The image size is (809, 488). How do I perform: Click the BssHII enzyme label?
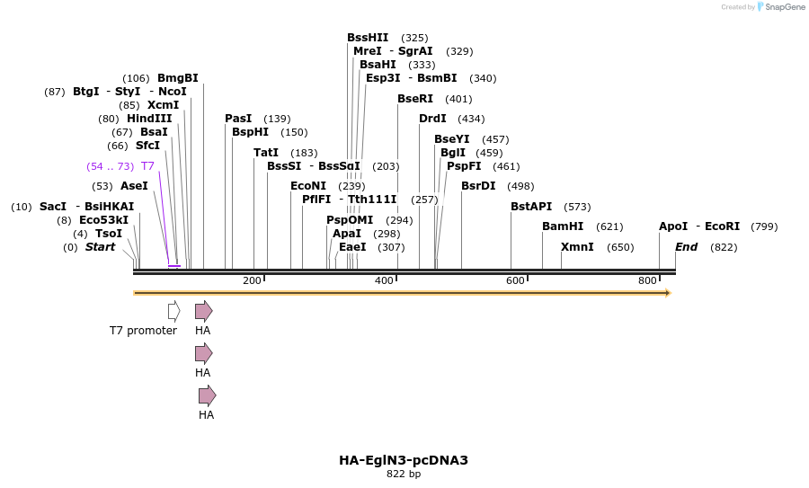368,38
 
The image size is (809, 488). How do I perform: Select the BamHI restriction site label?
563,226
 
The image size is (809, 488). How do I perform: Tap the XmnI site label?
577,247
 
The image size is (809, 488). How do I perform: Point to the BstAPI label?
531,207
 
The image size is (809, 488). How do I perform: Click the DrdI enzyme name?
432,119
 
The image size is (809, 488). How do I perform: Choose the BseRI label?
415,99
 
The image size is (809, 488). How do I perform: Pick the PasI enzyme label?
238,119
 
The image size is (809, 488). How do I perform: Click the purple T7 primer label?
147,166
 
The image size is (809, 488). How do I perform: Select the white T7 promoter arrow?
173,311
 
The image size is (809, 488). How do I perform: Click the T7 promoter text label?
143,331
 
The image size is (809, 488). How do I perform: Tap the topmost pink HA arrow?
204,311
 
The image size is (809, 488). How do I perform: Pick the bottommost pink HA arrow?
208,395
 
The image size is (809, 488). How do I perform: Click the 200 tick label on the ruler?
252,281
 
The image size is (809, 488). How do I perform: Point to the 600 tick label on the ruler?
515,281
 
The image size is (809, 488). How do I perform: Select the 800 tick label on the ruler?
647,281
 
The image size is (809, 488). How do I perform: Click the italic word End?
687,247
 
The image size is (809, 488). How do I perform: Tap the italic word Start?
100,247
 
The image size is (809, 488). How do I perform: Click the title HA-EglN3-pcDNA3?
404,460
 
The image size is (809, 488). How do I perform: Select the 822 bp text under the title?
404,475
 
